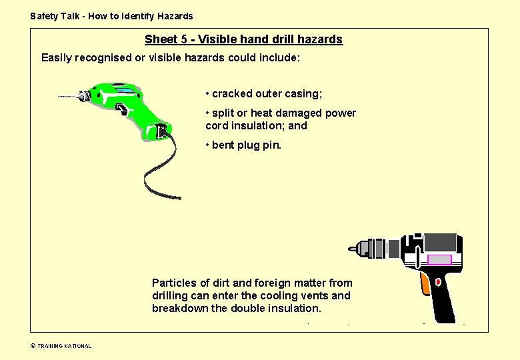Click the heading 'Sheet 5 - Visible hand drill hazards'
243,39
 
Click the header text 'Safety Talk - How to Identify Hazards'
111,16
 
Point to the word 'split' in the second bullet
223,113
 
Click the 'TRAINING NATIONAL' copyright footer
64,346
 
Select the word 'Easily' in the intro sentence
58,58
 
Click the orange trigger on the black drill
425,285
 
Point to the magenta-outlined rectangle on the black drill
439,259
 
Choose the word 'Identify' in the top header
139,16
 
